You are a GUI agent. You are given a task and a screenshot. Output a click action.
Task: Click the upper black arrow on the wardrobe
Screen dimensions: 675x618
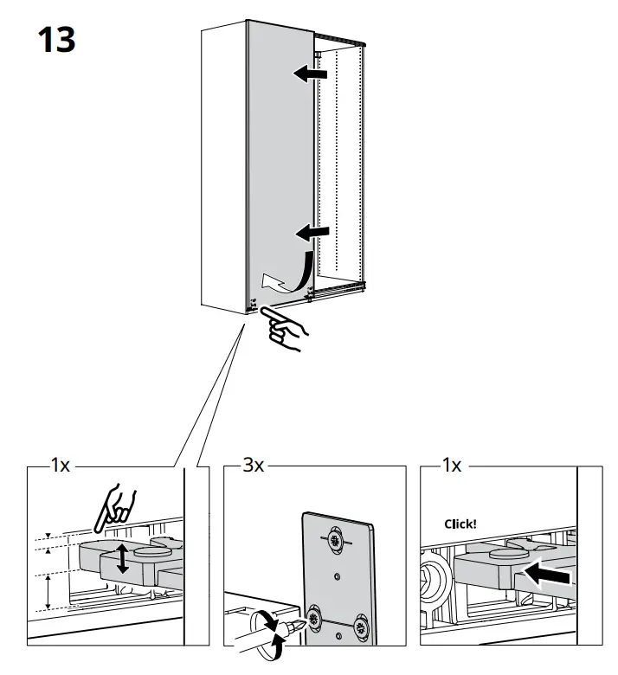pos(311,74)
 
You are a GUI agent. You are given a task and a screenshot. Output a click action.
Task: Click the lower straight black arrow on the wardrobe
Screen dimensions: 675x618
pos(312,232)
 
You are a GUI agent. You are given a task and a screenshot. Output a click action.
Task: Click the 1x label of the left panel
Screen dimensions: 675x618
pos(60,466)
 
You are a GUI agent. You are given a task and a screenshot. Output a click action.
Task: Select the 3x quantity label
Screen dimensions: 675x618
pos(253,466)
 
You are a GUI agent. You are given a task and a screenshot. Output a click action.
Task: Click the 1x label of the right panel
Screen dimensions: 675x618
pos(452,466)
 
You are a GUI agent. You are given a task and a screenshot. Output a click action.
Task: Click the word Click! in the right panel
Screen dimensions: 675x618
pos(460,524)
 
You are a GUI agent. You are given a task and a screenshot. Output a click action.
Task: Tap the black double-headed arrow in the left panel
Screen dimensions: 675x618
pos(123,559)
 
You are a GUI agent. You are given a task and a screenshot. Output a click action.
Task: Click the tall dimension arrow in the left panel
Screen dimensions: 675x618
pos(47,593)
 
